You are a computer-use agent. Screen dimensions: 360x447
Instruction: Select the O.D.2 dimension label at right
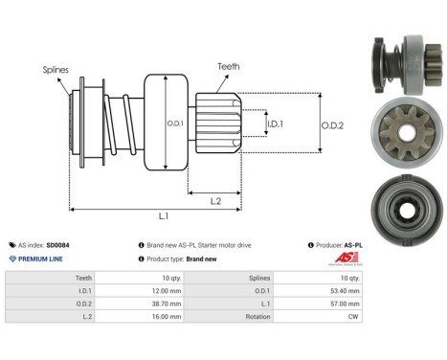(332, 123)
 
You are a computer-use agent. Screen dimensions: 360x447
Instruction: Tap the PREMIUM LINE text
(40, 259)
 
